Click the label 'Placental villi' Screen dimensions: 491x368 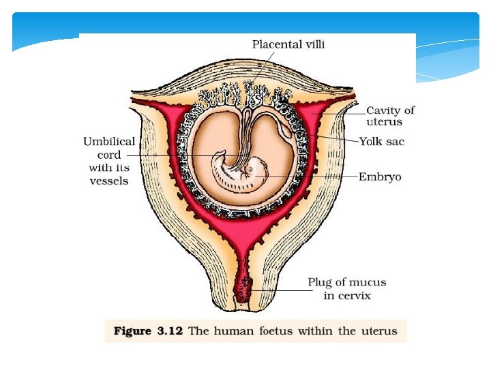coord(288,45)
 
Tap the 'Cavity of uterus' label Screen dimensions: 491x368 coord(389,116)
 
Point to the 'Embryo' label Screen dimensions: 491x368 coord(381,177)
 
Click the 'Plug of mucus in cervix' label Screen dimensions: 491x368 coord(346,288)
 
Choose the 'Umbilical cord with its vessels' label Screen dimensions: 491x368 coord(109,161)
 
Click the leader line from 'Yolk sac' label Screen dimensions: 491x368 coord(334,140)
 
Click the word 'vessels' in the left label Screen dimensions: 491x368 coord(109,181)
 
